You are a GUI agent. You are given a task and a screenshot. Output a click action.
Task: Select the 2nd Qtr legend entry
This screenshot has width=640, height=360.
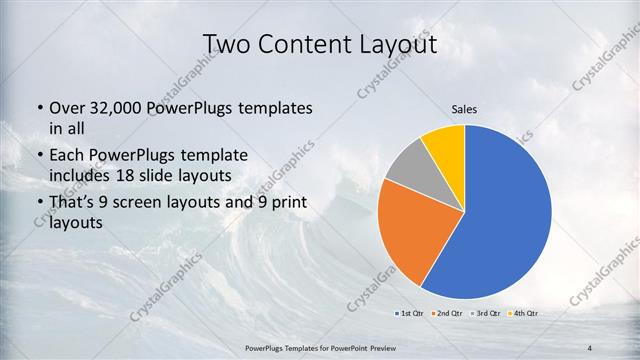point(449,313)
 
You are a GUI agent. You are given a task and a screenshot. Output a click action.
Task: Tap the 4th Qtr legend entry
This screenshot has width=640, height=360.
point(524,313)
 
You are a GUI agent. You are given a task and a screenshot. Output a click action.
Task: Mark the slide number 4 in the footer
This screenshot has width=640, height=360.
point(589,347)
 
